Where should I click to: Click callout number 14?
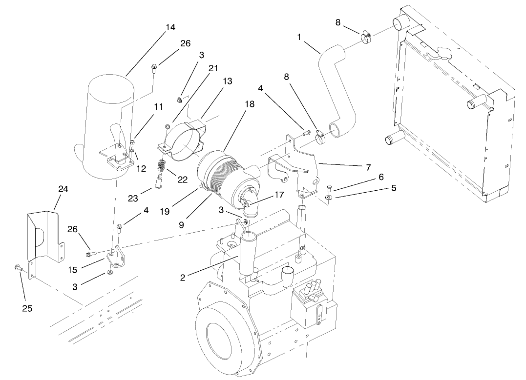tap(170, 27)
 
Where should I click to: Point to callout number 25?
tap(27, 308)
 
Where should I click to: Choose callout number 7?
tap(367, 167)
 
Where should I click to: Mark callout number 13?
tap(227, 81)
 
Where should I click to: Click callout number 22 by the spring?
tap(182, 179)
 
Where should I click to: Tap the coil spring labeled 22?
tap(162, 167)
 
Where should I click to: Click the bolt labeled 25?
tap(18, 267)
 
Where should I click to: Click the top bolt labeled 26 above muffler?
tap(154, 67)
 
